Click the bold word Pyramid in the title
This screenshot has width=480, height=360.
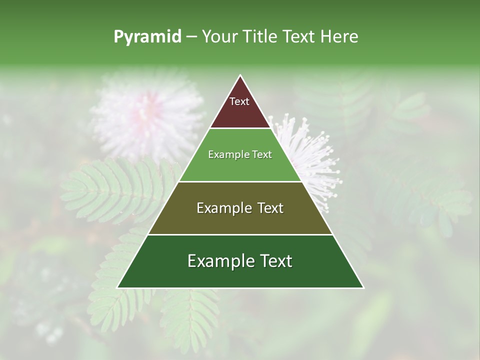pos(147,37)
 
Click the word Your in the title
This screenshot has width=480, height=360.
pos(218,37)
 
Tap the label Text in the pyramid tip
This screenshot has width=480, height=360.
pos(239,101)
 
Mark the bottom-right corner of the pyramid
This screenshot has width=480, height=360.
pos(363,287)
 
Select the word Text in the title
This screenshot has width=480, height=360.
pos(298,37)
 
